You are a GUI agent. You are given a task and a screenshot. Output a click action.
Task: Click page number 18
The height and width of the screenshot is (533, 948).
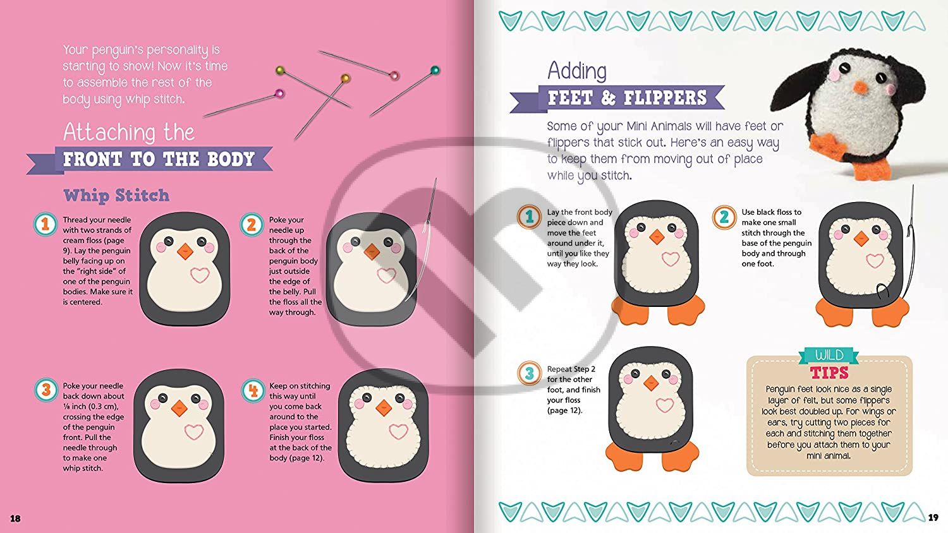[x=15, y=518]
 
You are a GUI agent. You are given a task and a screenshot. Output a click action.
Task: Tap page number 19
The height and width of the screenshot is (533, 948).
[x=933, y=517]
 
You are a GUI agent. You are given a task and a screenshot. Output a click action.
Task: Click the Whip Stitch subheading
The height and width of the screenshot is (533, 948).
[x=116, y=195]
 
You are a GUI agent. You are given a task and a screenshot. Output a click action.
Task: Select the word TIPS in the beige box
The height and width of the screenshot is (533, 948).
[x=829, y=373]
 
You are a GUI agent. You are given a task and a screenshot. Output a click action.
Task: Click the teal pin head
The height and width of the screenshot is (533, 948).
[x=435, y=70]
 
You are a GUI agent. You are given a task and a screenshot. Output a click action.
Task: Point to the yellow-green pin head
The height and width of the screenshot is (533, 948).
[x=280, y=70]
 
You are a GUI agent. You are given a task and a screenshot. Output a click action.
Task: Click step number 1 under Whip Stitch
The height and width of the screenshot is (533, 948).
[x=46, y=224]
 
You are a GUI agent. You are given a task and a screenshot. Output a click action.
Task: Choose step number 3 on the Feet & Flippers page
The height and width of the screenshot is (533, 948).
[x=529, y=373]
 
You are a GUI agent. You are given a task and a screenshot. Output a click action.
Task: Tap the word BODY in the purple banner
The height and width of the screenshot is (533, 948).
[x=231, y=159]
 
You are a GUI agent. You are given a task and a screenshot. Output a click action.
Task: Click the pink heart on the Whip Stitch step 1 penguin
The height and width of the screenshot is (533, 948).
[x=200, y=275]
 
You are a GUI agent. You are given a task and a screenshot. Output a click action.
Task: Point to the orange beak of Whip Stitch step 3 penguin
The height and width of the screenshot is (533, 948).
[x=179, y=408]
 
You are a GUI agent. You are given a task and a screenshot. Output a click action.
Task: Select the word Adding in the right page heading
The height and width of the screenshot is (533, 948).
[x=577, y=71]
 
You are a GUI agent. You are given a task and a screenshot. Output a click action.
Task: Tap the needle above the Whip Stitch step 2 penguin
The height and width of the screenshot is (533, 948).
[x=431, y=201]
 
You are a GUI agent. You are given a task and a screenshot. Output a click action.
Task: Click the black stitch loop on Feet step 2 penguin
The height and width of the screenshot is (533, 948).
[x=882, y=292]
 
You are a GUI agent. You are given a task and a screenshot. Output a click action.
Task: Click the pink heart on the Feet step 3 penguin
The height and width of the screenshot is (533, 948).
[x=665, y=405]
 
